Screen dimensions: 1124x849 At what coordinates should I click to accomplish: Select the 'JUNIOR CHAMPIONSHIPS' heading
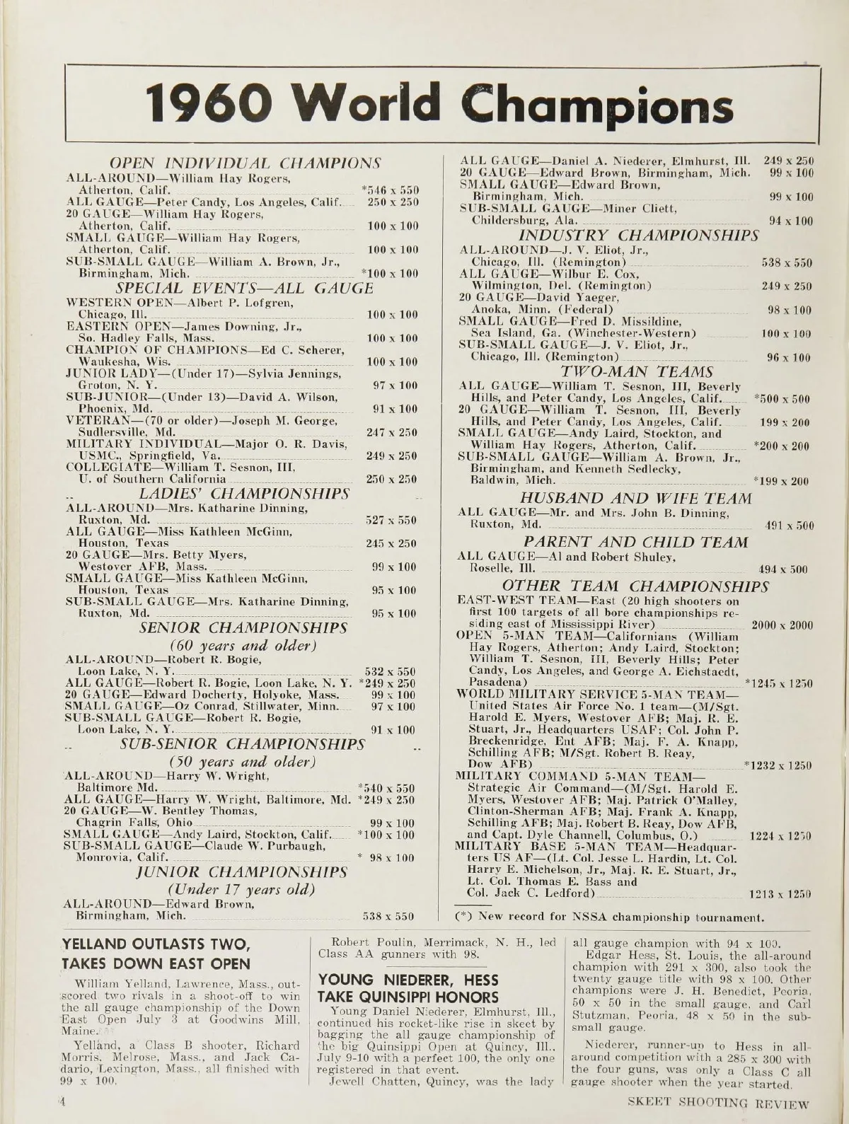tap(242, 870)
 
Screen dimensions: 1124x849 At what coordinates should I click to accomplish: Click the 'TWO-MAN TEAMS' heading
tap(626, 371)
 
